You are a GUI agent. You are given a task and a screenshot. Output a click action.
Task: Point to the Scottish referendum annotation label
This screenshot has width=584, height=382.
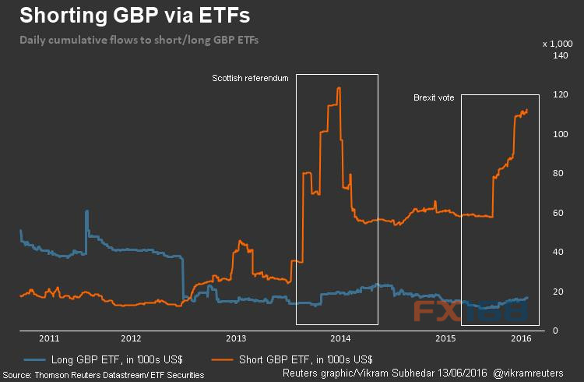point(251,79)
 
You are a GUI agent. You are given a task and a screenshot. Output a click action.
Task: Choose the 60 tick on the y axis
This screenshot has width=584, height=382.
point(559,213)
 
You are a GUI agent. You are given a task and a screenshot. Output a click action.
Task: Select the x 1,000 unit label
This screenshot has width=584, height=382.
point(558,43)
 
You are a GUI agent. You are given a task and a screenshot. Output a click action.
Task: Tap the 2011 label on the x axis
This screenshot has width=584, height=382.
point(49,339)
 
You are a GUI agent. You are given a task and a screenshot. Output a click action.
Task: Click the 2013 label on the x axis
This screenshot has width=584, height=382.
point(235,339)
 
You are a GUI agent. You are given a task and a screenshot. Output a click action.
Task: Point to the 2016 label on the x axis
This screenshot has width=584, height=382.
point(521,339)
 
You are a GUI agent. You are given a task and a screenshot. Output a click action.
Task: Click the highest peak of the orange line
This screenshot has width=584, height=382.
point(338,88)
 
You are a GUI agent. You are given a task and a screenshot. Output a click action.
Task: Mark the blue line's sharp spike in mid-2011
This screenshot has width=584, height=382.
point(86,211)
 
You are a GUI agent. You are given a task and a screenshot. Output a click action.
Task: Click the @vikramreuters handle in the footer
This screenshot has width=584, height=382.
point(537,374)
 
